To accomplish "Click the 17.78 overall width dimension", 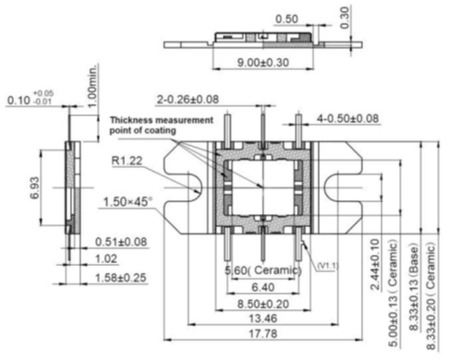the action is click(262, 333).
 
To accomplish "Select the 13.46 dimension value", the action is click(262, 318).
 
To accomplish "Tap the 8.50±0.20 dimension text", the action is click(263, 304).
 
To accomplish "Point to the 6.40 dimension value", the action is click(262, 287).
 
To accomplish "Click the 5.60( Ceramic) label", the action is click(263, 270).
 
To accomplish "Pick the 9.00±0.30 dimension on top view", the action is click(263, 63).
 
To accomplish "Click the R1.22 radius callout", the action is click(127, 161).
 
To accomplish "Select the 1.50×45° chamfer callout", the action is click(128, 202).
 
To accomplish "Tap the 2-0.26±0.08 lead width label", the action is click(188, 100).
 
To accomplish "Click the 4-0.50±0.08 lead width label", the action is click(347, 118).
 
